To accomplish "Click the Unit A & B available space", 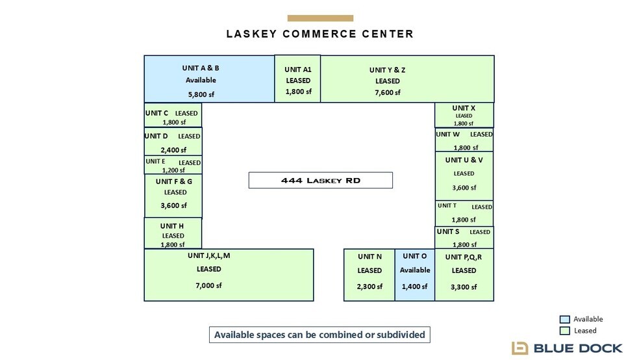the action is [x=209, y=79].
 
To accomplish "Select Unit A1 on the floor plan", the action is [x=297, y=79].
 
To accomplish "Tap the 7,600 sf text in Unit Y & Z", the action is [x=388, y=92].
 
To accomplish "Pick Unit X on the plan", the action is [x=464, y=115].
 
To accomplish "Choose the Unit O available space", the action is [x=414, y=275].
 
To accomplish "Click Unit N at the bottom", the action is [x=370, y=275].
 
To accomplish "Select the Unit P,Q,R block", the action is [x=464, y=275].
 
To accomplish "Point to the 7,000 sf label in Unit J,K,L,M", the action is [x=208, y=285].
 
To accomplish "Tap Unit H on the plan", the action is [x=173, y=233].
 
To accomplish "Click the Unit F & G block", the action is [x=173, y=196].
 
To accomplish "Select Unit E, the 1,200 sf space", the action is [x=173, y=165].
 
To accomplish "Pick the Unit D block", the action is [x=173, y=142].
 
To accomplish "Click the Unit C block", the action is [x=173, y=115].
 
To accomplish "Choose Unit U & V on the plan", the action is [x=464, y=176].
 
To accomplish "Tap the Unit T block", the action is [x=464, y=213].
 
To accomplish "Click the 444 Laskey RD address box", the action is [x=321, y=180].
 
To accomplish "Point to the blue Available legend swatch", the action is [x=564, y=319].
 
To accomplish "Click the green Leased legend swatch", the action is [x=564, y=331].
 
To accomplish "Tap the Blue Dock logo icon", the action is [x=520, y=348].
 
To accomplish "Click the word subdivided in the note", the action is [x=401, y=335].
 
